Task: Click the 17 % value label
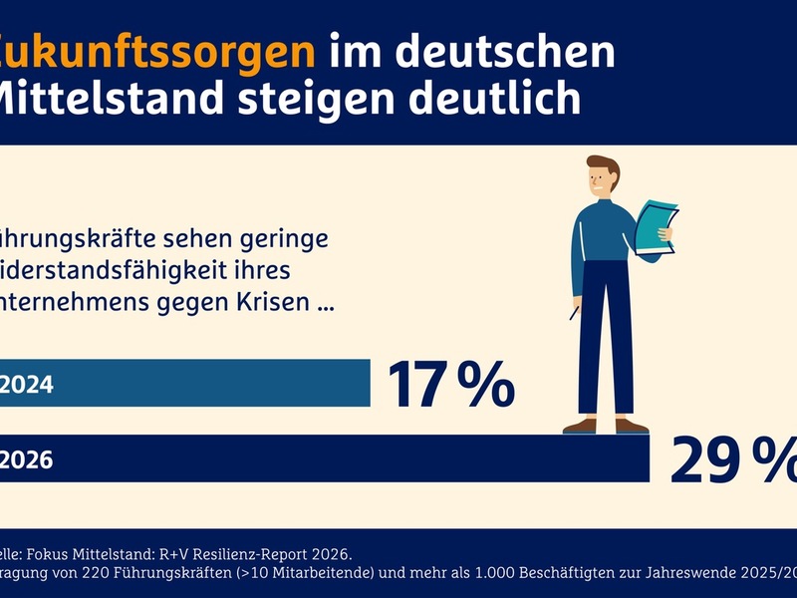(450, 384)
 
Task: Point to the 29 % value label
(733, 459)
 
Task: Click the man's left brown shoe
(580, 426)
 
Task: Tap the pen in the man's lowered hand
(575, 312)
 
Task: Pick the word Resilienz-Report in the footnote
(265, 553)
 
